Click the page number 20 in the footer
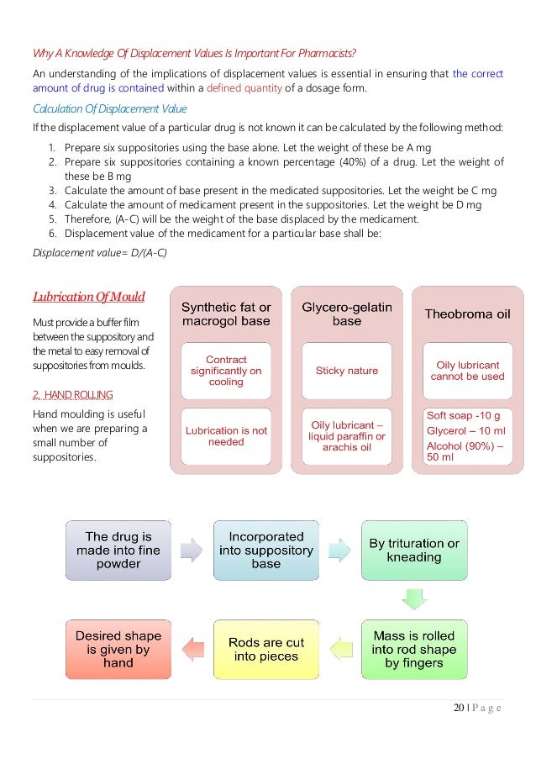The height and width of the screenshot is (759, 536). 459,708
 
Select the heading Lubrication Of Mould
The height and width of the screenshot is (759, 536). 88,296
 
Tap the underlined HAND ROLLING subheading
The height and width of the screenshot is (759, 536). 72,394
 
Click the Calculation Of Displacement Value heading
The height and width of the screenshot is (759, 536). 109,108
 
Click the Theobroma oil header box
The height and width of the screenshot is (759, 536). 468,314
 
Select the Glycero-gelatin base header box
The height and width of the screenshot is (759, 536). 347,314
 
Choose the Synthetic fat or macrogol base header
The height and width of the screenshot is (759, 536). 226,314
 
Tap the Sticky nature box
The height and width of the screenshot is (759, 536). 347,370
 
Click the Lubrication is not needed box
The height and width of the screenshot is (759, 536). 226,435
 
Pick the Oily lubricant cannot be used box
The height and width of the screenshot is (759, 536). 468,371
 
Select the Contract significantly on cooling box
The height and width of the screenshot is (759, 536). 226,371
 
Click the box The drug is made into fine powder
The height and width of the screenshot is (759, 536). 118,550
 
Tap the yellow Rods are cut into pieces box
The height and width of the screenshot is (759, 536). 266,649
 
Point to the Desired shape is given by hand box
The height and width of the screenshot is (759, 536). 118,649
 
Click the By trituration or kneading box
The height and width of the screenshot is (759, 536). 414,550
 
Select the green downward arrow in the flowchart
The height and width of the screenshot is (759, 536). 414,599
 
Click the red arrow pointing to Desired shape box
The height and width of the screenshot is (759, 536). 192,649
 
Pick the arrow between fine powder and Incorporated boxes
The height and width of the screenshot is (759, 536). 192,550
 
